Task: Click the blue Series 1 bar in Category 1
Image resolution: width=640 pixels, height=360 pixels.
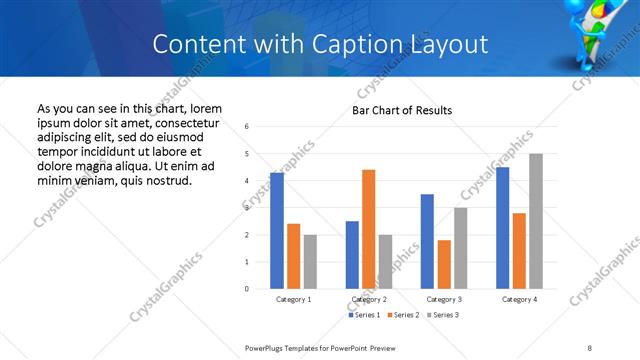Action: click(277, 231)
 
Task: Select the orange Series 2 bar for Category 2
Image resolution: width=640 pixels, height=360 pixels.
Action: click(368, 229)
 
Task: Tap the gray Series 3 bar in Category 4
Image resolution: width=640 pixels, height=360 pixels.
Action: click(536, 221)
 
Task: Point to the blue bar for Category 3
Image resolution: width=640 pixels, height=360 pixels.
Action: click(427, 241)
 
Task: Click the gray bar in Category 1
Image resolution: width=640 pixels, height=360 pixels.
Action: click(310, 262)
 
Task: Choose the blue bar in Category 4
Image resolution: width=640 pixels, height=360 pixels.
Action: click(503, 228)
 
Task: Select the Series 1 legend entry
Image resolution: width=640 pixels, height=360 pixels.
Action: click(365, 315)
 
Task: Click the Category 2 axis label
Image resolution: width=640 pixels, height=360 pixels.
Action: click(368, 299)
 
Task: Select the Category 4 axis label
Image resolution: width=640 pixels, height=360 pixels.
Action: click(519, 299)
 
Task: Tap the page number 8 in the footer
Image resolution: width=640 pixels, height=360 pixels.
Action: click(589, 348)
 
